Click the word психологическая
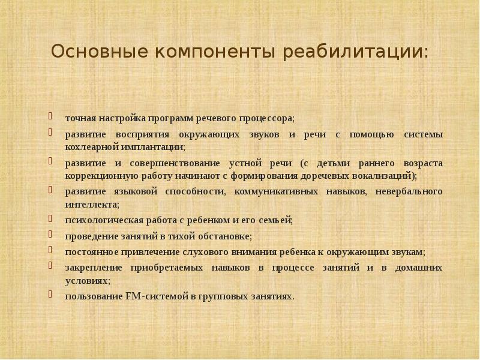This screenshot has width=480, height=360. click(100, 220)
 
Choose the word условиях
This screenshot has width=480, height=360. click(88, 280)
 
